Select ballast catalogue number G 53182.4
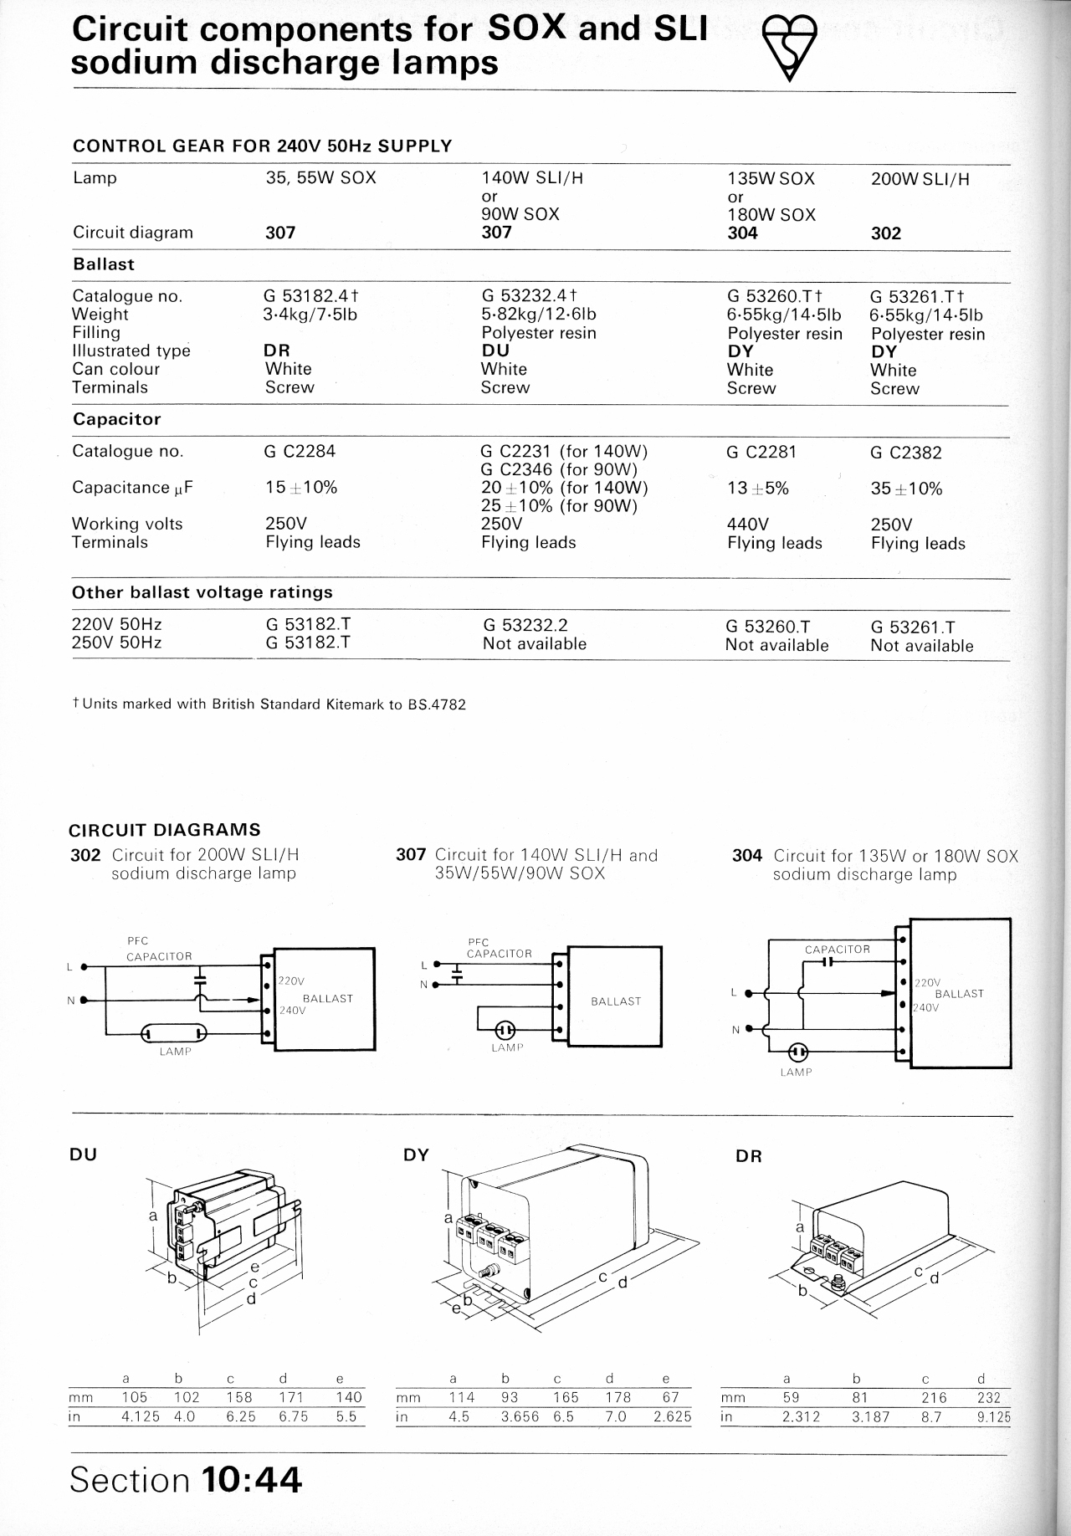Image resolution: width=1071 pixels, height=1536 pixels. coord(311,296)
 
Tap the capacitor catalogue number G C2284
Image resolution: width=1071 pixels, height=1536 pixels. coord(300,452)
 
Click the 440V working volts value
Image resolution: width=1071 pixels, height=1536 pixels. coord(748,525)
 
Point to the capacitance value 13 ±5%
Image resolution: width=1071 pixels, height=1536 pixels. coord(758,489)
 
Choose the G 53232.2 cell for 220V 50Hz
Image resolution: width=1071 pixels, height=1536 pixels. coord(525,626)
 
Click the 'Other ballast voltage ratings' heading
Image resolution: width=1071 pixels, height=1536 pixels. coord(202,592)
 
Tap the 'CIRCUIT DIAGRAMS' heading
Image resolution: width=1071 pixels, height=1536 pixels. coord(164,830)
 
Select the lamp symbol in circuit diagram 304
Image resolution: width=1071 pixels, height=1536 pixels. coord(798,1051)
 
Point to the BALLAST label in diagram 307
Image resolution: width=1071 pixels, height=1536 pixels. coord(616,1001)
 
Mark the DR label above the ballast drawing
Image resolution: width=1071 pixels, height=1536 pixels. coord(748,1156)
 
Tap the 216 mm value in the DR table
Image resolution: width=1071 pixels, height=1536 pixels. coord(934,1398)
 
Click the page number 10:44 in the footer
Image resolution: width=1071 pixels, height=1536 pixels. coord(252,1480)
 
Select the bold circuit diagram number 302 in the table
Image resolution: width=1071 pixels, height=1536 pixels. coord(886,233)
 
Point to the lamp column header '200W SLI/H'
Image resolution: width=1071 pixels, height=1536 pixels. coord(920,179)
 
